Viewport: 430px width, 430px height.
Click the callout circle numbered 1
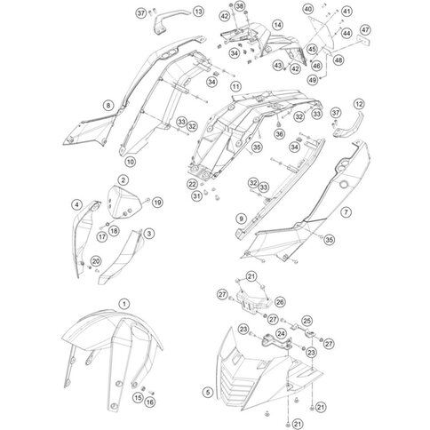(124, 304)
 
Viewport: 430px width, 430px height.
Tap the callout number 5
(208, 393)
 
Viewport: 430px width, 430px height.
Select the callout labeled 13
(198, 12)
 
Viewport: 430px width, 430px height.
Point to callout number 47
(365, 30)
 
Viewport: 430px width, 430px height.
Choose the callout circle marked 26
(280, 302)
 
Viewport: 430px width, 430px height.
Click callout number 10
(131, 162)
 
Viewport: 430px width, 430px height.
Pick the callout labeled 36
(280, 134)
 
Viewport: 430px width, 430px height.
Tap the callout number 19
(157, 203)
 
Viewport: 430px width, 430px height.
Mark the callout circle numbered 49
(313, 80)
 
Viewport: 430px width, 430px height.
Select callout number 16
(150, 402)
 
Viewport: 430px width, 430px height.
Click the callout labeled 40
(308, 9)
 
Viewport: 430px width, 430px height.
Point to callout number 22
(193, 184)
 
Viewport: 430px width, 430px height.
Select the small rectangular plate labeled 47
(363, 41)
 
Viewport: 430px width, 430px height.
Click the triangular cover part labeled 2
(123, 203)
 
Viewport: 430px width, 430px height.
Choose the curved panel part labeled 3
(120, 258)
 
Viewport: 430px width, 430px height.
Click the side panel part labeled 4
(84, 234)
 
